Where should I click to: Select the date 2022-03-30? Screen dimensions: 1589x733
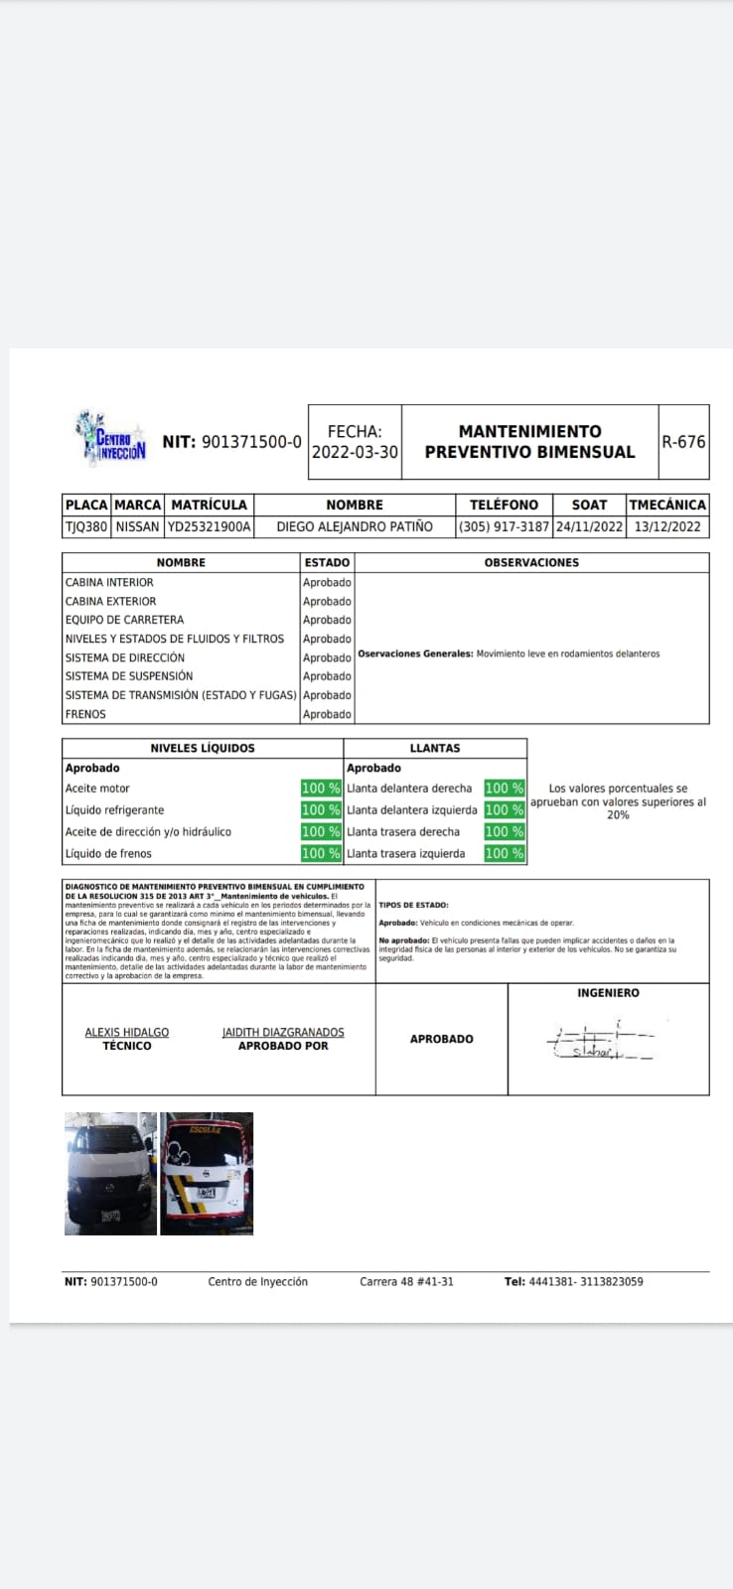click(355, 452)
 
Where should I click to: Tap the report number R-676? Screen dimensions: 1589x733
click(683, 442)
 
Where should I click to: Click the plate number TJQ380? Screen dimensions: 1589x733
click(85, 527)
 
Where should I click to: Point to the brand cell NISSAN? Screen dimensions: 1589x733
click(137, 527)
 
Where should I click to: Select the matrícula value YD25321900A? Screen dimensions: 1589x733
click(209, 527)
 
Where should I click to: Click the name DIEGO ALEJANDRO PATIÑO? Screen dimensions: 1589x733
click(355, 527)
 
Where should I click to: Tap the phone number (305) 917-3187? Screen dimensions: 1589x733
click(504, 527)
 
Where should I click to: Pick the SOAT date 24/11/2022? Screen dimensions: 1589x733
click(589, 527)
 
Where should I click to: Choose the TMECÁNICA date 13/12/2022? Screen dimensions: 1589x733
click(667, 527)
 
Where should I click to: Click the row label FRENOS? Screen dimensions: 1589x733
click(85, 714)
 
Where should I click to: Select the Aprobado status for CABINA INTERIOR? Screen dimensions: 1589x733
click(327, 583)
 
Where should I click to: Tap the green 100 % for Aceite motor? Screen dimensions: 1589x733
click(321, 789)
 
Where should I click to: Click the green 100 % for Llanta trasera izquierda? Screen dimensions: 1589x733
click(504, 853)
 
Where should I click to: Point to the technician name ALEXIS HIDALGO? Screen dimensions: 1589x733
click(127, 1033)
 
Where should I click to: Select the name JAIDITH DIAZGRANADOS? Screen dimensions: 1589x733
click(283, 1033)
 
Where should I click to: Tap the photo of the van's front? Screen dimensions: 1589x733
click(110, 1174)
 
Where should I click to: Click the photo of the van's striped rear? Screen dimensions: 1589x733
click(207, 1174)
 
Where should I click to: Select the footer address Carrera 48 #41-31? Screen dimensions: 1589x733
click(406, 1282)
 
